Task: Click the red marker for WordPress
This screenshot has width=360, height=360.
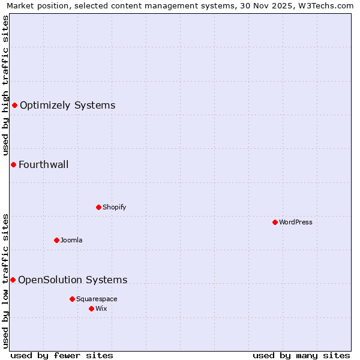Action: [275, 222]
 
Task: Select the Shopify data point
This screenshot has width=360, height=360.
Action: [98, 207]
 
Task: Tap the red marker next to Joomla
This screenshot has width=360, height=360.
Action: [56, 240]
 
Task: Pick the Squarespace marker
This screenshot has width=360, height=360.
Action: [72, 299]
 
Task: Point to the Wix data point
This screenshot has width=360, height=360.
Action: [91, 308]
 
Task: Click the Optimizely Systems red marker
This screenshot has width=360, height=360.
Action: [14, 106]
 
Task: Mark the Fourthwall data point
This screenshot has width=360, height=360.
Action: [13, 164]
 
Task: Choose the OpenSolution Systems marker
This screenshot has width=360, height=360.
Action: [13, 280]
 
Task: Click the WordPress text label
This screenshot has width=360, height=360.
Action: [296, 222]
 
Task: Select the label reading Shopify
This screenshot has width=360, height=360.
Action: [114, 207]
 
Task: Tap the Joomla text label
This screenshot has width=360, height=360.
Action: [71, 240]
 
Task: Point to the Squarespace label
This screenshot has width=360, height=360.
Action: [97, 299]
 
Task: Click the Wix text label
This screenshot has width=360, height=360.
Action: [101, 308]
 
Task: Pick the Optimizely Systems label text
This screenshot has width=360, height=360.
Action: [67, 106]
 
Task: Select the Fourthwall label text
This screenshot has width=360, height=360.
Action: [43, 164]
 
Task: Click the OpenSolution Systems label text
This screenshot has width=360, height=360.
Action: [73, 280]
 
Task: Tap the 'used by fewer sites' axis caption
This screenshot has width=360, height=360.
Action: [62, 355]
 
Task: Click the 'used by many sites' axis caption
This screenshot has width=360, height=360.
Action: [301, 355]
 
